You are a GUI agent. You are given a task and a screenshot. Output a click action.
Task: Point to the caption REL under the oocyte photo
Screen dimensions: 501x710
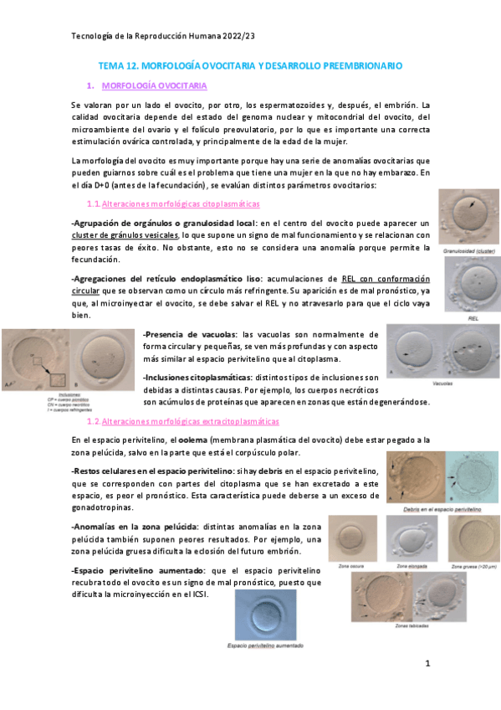coord(473,318)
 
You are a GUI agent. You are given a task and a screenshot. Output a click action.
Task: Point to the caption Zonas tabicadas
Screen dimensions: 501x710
coord(412,625)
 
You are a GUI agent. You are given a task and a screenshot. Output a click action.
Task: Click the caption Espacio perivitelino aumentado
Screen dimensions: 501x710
coord(265,646)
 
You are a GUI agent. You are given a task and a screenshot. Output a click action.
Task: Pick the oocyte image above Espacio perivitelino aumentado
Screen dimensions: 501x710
coord(266,615)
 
